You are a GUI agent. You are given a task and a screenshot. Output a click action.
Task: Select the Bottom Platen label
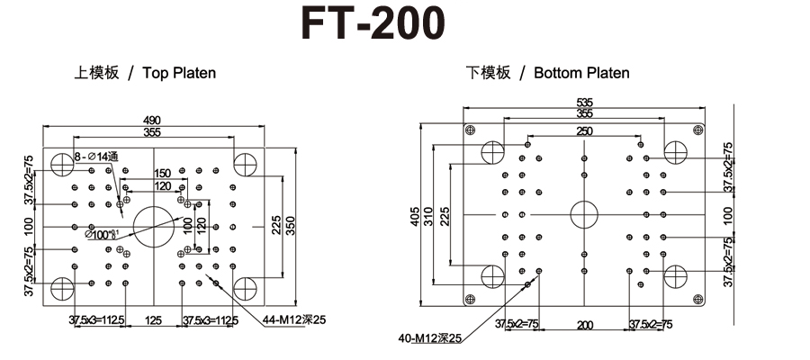click(581, 73)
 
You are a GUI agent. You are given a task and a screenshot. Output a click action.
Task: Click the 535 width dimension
click(584, 103)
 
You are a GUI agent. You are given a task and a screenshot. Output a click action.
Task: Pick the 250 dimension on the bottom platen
click(584, 131)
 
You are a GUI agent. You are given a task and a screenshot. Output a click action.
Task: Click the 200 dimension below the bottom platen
click(584, 323)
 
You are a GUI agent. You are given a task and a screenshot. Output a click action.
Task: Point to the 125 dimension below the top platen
click(153, 320)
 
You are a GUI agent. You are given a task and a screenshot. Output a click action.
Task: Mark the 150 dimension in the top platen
click(162, 173)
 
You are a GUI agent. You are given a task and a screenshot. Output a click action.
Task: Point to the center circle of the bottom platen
click(584, 214)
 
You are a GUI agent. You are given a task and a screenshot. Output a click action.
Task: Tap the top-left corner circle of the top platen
click(62, 165)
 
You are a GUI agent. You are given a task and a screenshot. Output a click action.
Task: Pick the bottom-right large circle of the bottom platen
click(677, 276)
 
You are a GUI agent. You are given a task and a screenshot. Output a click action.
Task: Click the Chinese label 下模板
click(488, 73)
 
